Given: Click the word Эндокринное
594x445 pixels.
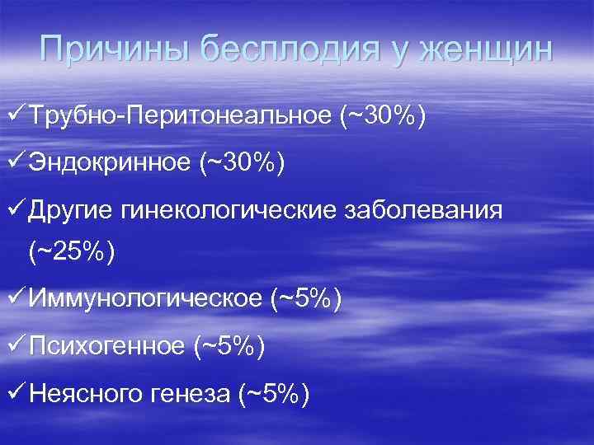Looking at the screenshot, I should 110,165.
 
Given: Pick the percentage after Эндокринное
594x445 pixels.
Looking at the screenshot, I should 242,165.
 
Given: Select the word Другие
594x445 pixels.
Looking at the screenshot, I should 72,211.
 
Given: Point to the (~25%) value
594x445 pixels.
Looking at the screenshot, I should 72,252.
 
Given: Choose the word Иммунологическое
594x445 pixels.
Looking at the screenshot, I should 145,299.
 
